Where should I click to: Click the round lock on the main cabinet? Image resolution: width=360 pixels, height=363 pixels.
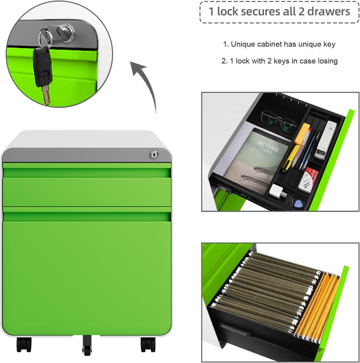coord(153,154)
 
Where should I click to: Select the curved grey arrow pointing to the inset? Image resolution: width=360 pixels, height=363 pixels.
coord(144,86)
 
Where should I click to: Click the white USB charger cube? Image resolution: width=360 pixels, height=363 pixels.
coord(276,191)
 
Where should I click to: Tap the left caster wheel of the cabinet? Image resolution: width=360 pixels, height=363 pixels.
coord(24,344)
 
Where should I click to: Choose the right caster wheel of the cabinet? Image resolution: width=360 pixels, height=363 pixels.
coord(148,344)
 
